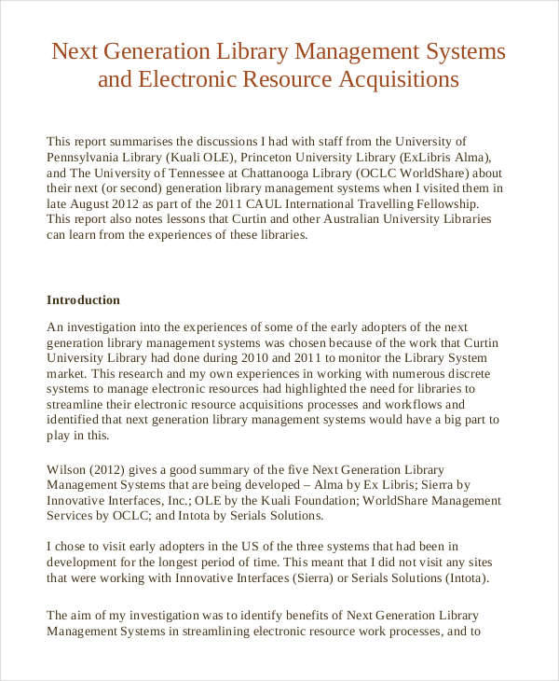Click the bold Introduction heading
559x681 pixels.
pyautogui.click(x=83, y=300)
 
